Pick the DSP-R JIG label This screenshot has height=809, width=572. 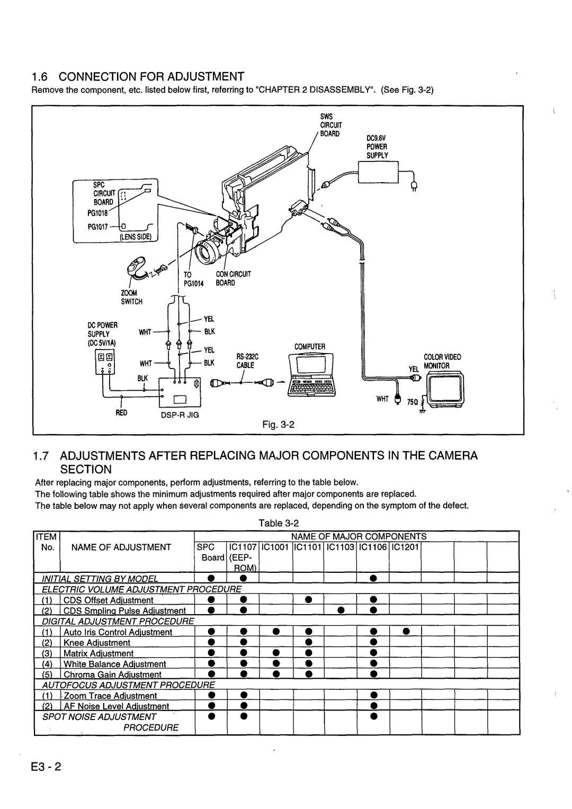(x=180, y=415)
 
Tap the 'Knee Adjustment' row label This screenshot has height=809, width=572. (x=97, y=643)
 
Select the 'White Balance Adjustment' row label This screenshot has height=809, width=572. (x=115, y=664)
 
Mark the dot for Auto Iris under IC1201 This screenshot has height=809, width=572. (x=405, y=632)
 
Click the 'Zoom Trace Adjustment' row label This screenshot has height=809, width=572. (x=110, y=696)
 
